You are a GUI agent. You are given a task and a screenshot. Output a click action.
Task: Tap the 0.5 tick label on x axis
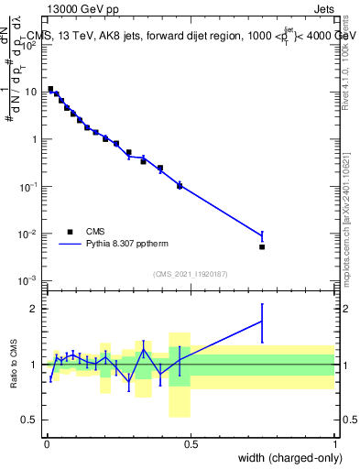click(x=191, y=443)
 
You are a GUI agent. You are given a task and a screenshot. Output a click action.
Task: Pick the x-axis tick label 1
click(x=335, y=443)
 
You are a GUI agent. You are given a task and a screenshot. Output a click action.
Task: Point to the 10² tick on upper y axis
click(x=31, y=45)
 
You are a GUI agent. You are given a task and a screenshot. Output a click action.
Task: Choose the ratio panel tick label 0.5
click(x=33, y=420)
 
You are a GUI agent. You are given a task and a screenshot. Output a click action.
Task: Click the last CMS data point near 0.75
click(x=262, y=246)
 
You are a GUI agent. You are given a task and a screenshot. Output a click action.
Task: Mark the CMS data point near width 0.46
click(x=180, y=186)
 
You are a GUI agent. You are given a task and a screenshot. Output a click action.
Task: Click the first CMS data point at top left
click(x=50, y=89)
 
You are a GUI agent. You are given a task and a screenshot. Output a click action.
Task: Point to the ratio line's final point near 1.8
click(x=262, y=321)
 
